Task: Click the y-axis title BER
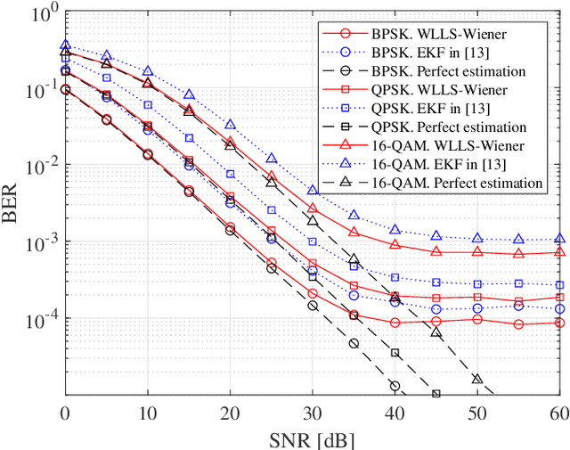12,202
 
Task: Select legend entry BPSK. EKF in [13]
436,52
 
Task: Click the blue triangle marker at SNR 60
559,238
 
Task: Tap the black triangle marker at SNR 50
476,379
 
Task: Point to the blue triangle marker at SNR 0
64,45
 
